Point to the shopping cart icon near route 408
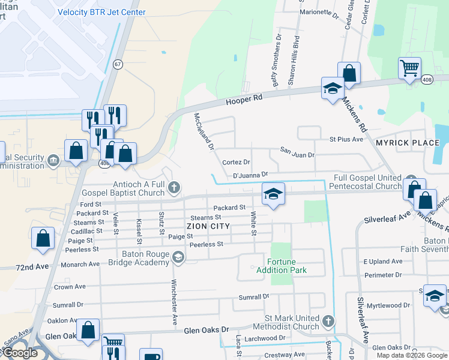click(x=409, y=68)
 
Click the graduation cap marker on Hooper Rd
click(x=332, y=89)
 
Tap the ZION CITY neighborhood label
click(x=208, y=226)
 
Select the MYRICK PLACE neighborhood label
click(x=408, y=143)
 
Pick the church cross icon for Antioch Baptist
click(x=174, y=188)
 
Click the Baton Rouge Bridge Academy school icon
click(x=178, y=257)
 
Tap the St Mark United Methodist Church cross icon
click(x=328, y=321)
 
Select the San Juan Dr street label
click(x=297, y=155)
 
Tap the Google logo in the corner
click(x=20, y=353)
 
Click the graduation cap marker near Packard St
click(x=273, y=194)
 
